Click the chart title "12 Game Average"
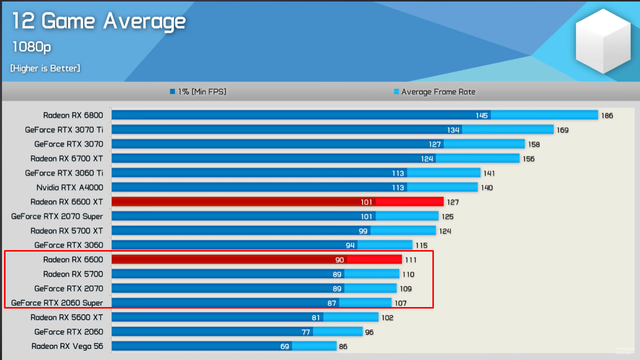[99, 22]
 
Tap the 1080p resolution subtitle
[32, 47]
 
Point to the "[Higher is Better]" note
[45, 68]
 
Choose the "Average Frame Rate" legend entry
[434, 92]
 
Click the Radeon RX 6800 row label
[73, 115]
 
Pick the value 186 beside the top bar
[607, 115]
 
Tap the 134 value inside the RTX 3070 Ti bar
[453, 130]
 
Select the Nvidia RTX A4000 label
[70, 188]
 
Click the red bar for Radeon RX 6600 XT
[277, 202]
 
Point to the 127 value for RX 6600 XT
[452, 202]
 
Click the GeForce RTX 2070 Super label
[57, 216]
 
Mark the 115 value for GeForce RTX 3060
[421, 246]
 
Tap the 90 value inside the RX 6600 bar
[340, 260]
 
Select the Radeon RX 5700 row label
[73, 274]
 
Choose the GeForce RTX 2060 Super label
[57, 303]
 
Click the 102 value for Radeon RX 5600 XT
[387, 318]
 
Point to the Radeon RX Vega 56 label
[67, 346]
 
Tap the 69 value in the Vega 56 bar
[284, 347]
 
